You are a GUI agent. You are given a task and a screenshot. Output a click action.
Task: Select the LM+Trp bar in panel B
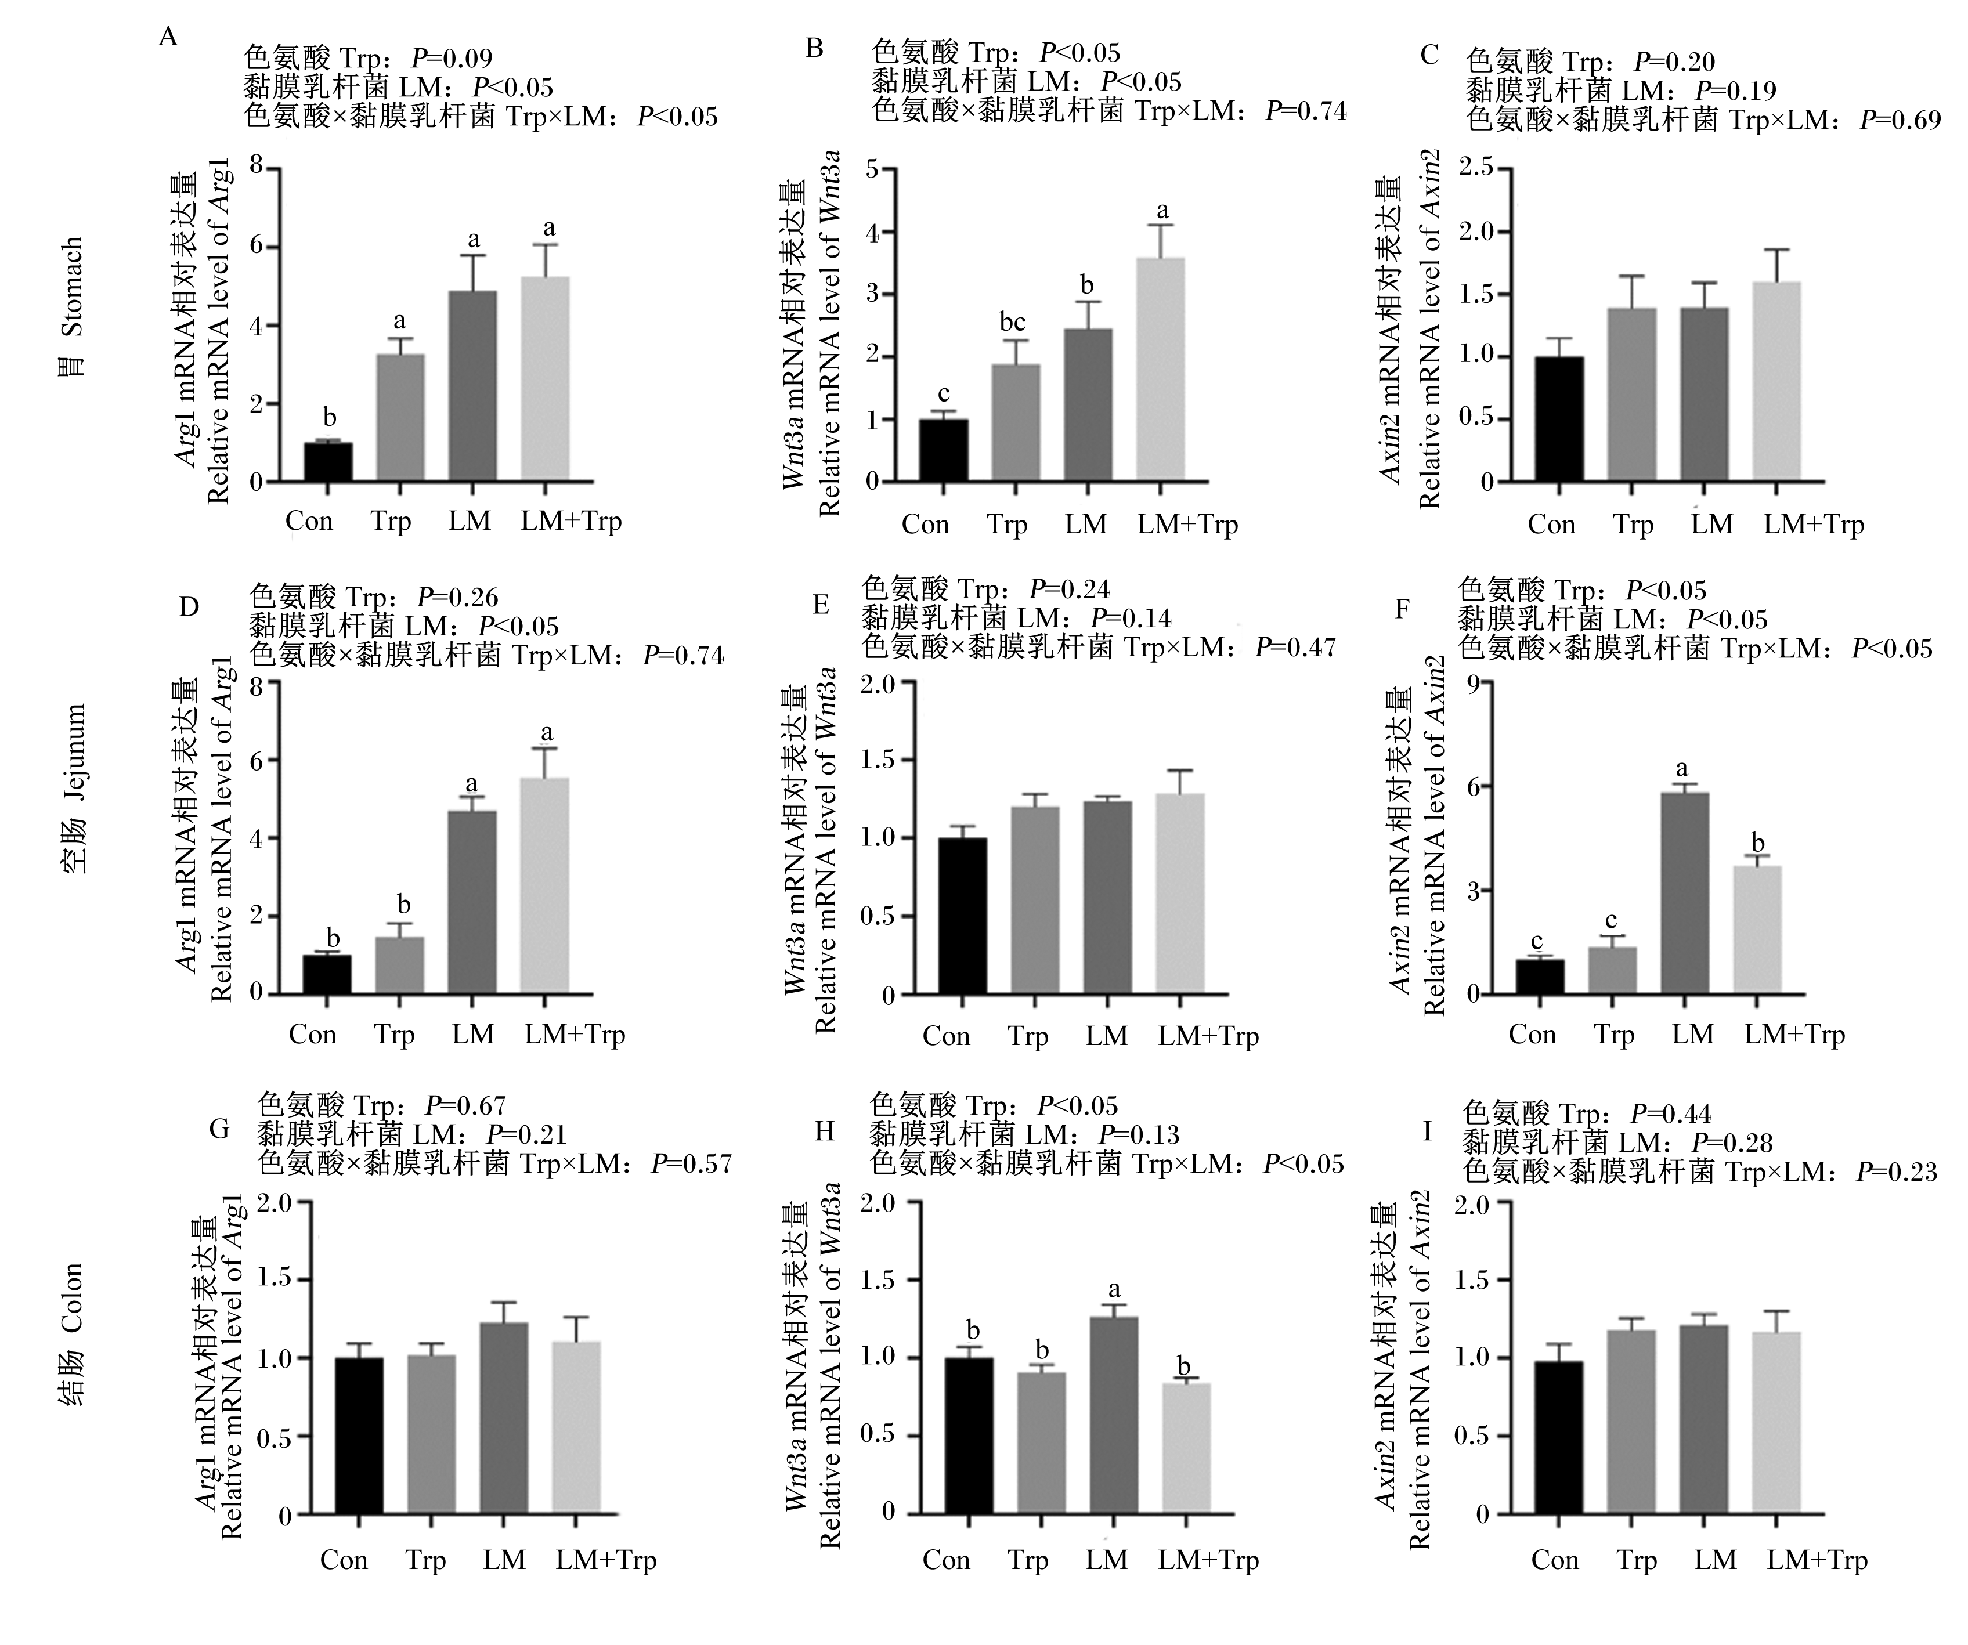pos(1160,370)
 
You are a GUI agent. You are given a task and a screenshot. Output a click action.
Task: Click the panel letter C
pos(1429,55)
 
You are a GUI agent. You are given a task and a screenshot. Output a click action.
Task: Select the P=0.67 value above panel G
pos(466,1107)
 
